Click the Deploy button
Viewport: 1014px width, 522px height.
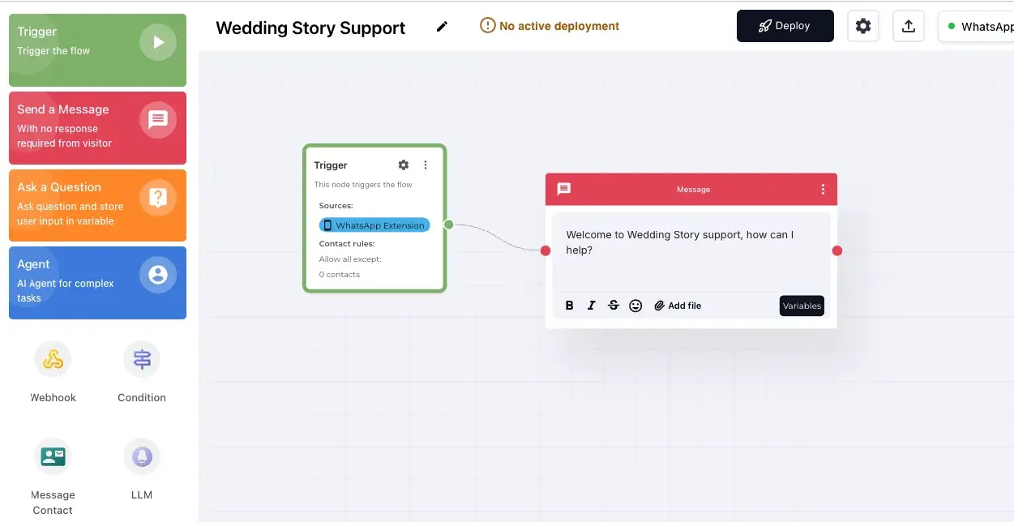[785, 26]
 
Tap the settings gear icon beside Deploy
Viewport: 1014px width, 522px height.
[863, 26]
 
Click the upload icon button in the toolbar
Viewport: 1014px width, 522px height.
[909, 26]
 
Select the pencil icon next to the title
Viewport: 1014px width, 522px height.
[442, 27]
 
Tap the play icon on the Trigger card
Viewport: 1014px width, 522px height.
[158, 42]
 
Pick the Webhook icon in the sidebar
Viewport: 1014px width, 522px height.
[53, 359]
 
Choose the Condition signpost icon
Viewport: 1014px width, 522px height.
[142, 359]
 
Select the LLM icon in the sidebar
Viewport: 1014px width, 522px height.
[142, 457]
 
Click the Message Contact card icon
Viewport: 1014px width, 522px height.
[53, 457]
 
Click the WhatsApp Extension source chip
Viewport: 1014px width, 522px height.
[374, 225]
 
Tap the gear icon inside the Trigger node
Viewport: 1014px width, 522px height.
[404, 165]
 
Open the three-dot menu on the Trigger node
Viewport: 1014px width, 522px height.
[426, 165]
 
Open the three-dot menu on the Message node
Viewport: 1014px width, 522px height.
[823, 190]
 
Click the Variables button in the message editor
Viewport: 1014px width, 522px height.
[802, 306]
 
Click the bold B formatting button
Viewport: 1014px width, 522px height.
[569, 306]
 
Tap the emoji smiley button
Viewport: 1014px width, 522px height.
[635, 306]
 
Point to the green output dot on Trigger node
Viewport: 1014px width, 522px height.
[448, 225]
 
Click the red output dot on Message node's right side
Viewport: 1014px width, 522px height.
[837, 250]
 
